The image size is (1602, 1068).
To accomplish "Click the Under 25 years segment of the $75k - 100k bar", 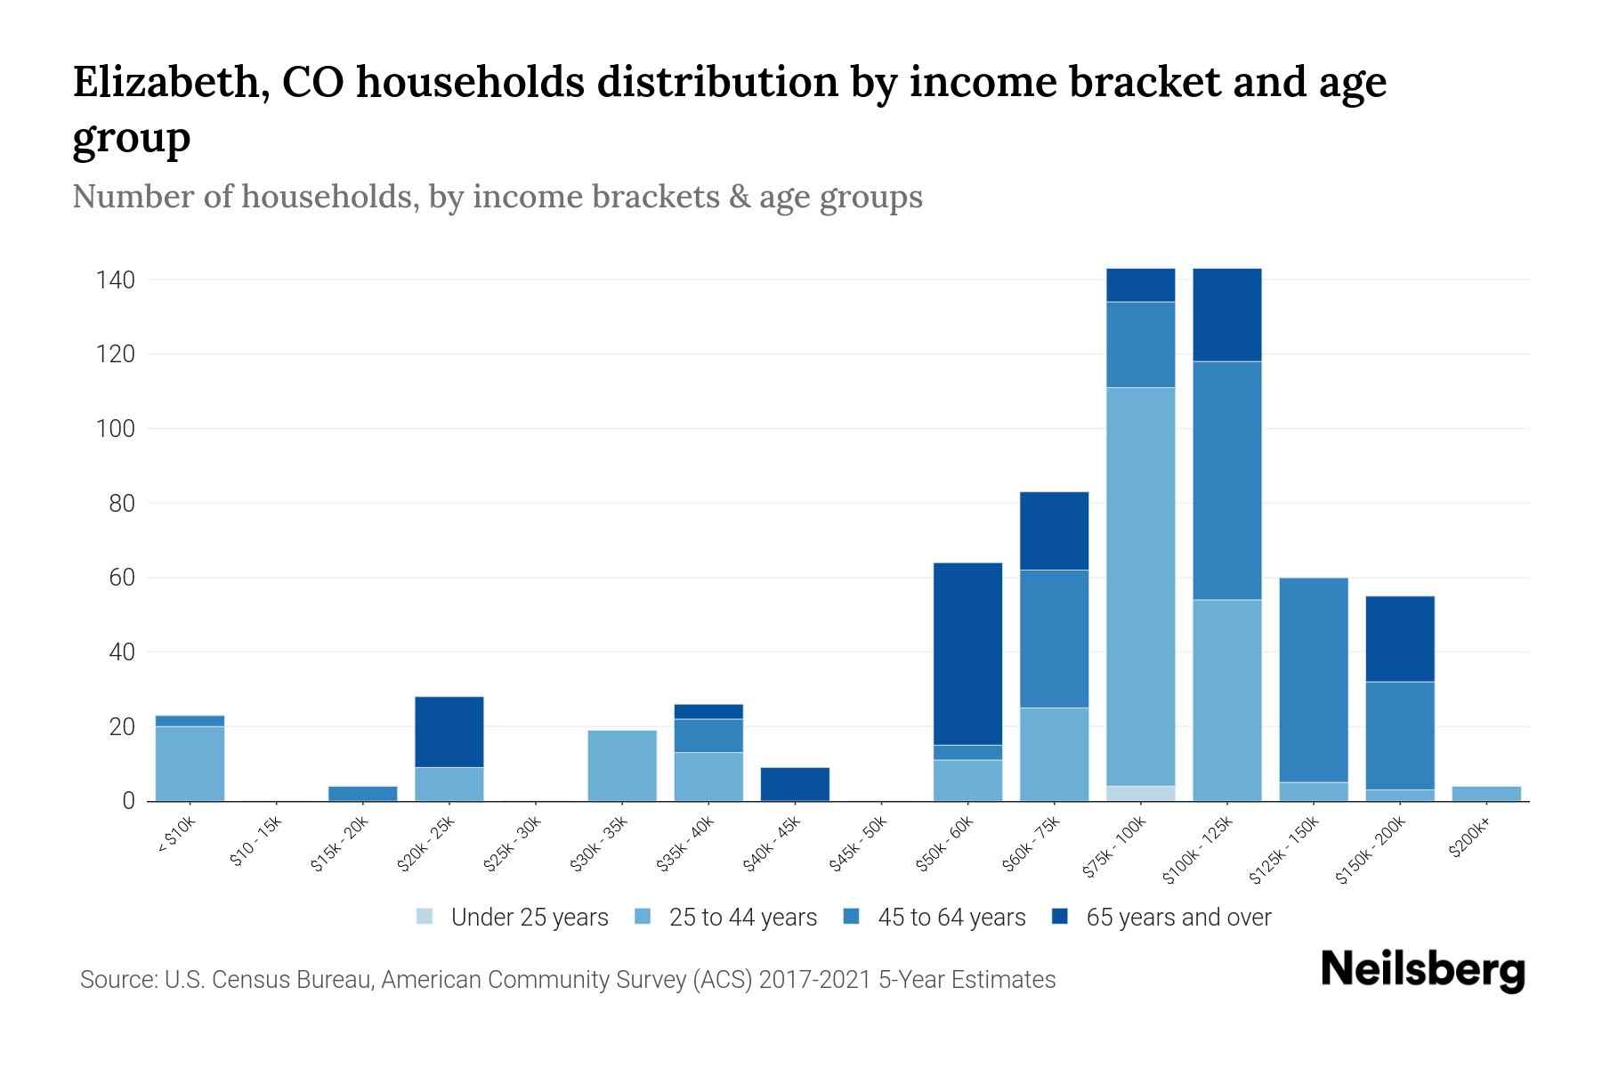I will [1140, 793].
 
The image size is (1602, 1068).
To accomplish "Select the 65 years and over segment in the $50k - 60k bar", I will [967, 653].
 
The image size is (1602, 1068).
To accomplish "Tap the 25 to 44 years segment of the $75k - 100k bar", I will [1140, 587].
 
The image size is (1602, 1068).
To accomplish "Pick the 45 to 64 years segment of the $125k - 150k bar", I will [1313, 680].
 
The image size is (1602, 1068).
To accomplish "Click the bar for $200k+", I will [1485, 794].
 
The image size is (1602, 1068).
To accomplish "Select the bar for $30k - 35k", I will [622, 765].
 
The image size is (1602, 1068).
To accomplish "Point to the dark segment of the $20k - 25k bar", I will [449, 732].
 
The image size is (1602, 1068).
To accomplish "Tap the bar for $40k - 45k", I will [795, 784].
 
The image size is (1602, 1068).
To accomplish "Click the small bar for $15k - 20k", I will [363, 793].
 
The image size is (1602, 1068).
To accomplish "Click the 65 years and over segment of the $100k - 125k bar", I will [1226, 315].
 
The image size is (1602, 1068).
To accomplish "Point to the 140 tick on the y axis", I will [116, 280].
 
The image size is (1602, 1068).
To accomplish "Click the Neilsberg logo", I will [1423, 970].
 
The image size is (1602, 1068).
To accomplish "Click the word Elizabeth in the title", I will [169, 83].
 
